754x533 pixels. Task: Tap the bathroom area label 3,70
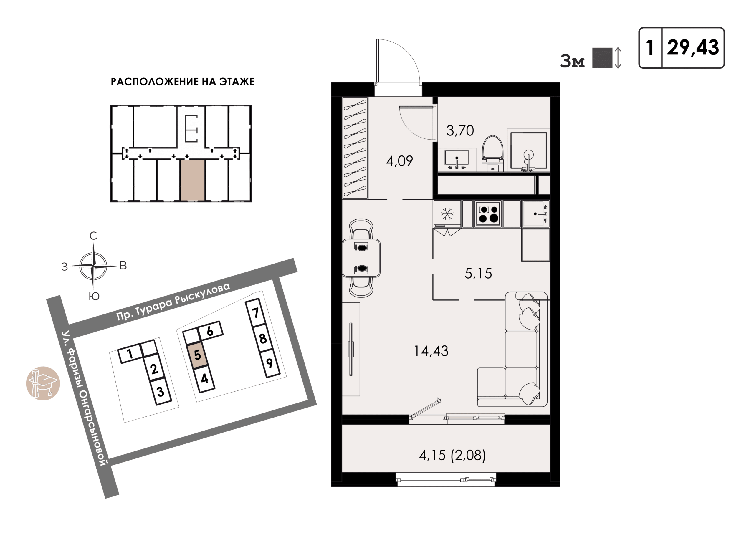click(x=460, y=131)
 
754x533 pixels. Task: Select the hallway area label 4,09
click(x=399, y=161)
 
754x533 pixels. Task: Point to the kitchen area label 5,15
click(x=478, y=273)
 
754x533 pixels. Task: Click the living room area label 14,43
click(x=431, y=351)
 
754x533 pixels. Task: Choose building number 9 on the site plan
click(x=269, y=363)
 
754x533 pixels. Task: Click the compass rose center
click(x=94, y=266)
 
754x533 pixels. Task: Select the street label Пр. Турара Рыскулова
click(x=173, y=301)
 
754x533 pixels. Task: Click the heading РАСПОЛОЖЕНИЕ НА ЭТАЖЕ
click(x=183, y=82)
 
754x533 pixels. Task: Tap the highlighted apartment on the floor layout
click(x=192, y=180)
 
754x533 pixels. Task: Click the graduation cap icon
click(x=43, y=383)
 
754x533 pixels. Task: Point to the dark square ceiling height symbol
click(x=602, y=58)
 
